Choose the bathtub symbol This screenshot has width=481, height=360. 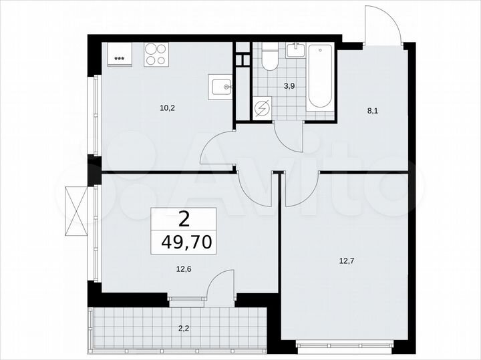[321, 76]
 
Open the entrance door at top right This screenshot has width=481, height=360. [383, 25]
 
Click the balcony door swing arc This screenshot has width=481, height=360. [218, 284]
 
